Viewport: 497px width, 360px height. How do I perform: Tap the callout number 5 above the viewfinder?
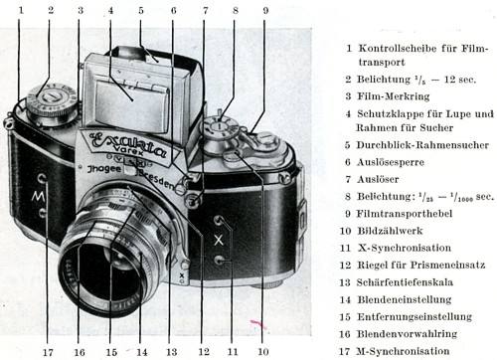coord(141,10)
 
